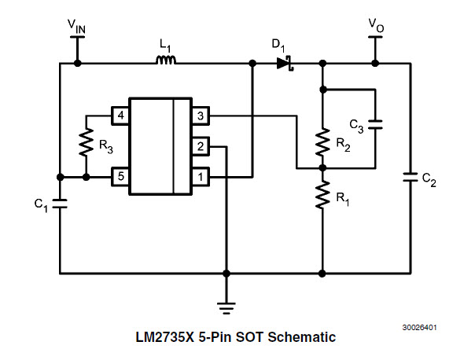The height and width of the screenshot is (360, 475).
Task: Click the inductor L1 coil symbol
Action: pos(165,61)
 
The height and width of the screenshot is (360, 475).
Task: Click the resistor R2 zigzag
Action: pos(322,142)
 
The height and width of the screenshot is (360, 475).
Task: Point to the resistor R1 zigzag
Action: pos(322,194)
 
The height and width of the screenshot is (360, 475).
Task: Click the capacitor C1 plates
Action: pos(60,204)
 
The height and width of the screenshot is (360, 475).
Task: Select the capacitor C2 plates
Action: pos(410,178)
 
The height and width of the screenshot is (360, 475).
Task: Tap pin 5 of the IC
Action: pos(120,177)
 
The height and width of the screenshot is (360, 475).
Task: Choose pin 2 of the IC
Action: pos(201,146)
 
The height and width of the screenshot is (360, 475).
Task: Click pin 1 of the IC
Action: pos(201,177)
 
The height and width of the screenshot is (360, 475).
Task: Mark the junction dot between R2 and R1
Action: pos(322,168)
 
